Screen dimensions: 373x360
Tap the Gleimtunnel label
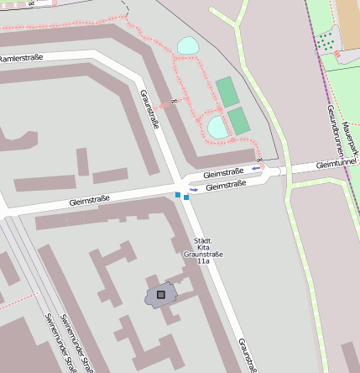[337, 163]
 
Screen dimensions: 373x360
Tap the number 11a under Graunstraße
[202, 262]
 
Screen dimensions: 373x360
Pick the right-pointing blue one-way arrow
[194, 190]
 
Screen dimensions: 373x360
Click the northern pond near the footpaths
[188, 46]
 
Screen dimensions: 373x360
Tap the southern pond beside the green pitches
[217, 128]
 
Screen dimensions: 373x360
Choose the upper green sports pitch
[226, 91]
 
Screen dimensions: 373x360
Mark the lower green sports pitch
[238, 120]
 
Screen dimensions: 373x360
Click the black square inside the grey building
[160, 294]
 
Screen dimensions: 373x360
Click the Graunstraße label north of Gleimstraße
[150, 110]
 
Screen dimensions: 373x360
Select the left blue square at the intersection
[177, 195]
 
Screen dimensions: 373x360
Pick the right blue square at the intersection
[186, 197]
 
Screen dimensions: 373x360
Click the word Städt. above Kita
[202, 239]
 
